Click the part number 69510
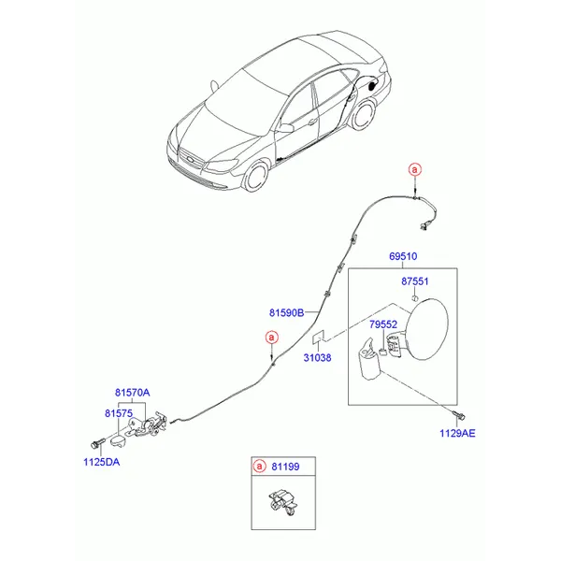tap(403, 256)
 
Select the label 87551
tap(414, 281)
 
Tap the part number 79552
tap(383, 324)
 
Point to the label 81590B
tap(287, 312)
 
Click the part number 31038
tap(317, 357)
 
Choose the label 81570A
tap(133, 393)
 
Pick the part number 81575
tap(119, 413)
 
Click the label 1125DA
tap(102, 462)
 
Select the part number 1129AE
tap(457, 433)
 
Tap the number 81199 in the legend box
tap(285, 467)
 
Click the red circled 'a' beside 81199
tap(259, 467)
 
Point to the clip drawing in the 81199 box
tap(283, 502)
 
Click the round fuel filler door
tap(428, 329)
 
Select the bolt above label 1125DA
tap(97, 443)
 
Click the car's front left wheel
tap(255, 176)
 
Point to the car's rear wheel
tap(363, 114)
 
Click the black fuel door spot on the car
tap(372, 86)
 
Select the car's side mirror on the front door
tap(286, 128)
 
